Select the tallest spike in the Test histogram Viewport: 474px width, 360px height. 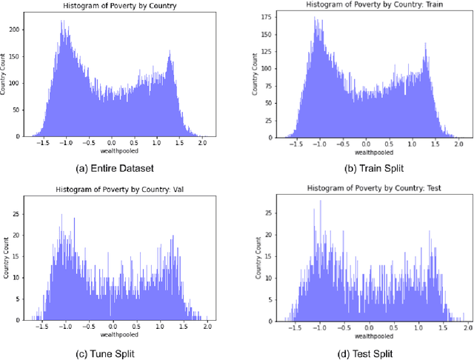[x=320, y=201]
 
